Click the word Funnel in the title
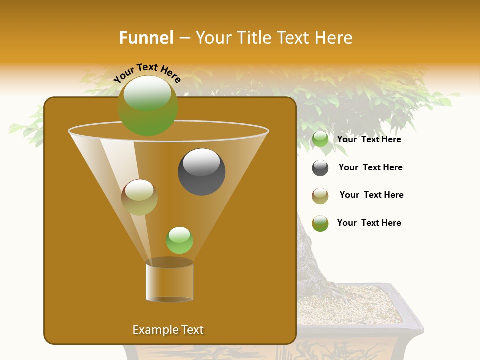click(x=146, y=38)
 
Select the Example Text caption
click(x=168, y=330)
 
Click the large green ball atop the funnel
click(x=148, y=105)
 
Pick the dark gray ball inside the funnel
click(x=201, y=172)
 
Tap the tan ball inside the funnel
click(x=139, y=197)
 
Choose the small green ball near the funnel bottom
click(x=179, y=240)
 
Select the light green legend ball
click(x=320, y=139)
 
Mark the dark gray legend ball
click(x=320, y=168)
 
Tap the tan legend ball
click(x=320, y=196)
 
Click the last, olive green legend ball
click(x=320, y=223)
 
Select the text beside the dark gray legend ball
click(x=370, y=167)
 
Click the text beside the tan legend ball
click(x=371, y=195)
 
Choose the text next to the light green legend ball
click(x=369, y=139)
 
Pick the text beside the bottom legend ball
click(x=369, y=223)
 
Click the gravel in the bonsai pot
click(x=350, y=305)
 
